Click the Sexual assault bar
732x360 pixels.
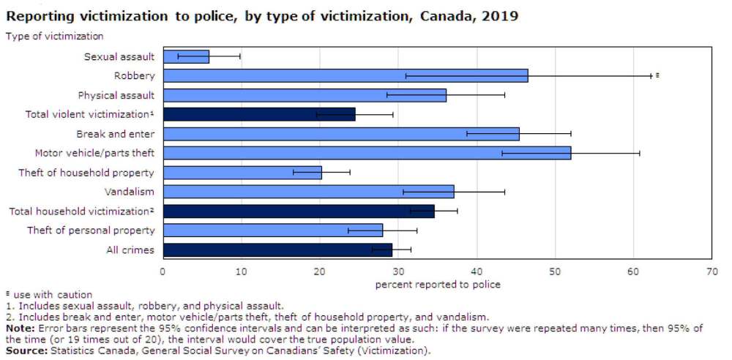click(x=186, y=56)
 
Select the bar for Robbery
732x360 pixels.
click(x=345, y=75)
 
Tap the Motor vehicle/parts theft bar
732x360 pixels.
click(x=366, y=153)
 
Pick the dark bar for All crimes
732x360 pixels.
click(x=277, y=250)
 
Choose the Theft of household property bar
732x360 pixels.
click(x=242, y=172)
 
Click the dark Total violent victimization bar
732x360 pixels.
click(x=258, y=114)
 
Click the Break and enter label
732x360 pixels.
click(x=115, y=134)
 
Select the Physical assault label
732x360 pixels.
click(x=116, y=95)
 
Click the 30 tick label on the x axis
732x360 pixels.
click(x=398, y=271)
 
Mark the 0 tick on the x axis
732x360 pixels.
click(x=163, y=271)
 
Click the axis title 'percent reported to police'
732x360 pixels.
click(x=438, y=284)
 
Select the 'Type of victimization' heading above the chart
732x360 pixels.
click(x=55, y=36)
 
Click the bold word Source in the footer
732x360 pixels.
click(x=24, y=350)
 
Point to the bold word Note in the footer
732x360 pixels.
click(x=19, y=328)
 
